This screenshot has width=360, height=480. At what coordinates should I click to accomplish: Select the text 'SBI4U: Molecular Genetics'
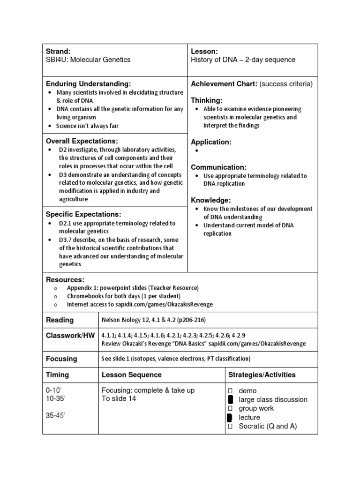(88, 60)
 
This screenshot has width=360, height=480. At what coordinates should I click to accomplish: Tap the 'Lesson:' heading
(204, 51)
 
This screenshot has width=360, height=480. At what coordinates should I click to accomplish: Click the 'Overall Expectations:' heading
(82, 141)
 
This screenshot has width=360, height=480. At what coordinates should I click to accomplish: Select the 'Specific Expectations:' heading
(83, 214)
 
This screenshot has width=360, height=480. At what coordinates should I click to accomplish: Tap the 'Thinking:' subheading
(207, 100)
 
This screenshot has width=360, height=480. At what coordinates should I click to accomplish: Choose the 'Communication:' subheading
(218, 167)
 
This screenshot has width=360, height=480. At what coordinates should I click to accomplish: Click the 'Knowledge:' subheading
(210, 200)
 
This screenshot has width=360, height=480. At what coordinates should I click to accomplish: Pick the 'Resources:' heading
(65, 279)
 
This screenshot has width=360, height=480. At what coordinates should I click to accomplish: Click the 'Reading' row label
(60, 320)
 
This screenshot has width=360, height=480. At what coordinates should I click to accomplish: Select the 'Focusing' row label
(61, 359)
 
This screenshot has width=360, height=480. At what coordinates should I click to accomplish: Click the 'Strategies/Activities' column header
(262, 375)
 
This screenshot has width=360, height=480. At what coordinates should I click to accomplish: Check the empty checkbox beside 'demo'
(230, 391)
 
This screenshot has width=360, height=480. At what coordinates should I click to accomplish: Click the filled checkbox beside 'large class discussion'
(230, 400)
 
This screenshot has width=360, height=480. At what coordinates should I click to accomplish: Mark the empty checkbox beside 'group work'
(230, 408)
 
